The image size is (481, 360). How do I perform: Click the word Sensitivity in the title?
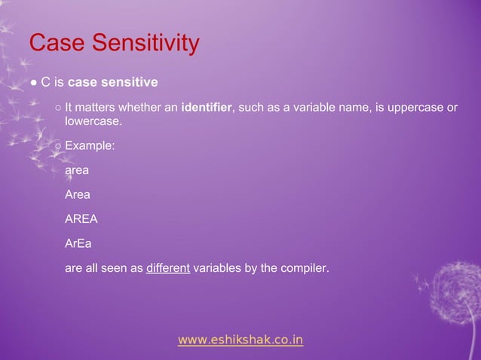[x=147, y=44]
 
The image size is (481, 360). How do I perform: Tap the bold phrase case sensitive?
[x=112, y=81]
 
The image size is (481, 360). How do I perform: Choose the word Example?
[x=89, y=145]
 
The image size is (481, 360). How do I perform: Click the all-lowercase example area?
[x=77, y=170]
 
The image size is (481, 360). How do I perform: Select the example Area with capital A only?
[x=78, y=194]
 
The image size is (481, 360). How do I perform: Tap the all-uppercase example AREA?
[x=81, y=219]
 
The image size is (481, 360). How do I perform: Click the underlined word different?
[x=167, y=267]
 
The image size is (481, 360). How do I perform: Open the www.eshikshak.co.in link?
[x=240, y=340]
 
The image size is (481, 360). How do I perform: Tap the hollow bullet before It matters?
[x=58, y=108]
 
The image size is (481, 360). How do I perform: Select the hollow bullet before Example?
[x=58, y=145]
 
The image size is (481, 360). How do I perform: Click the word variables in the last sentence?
[x=217, y=267]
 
